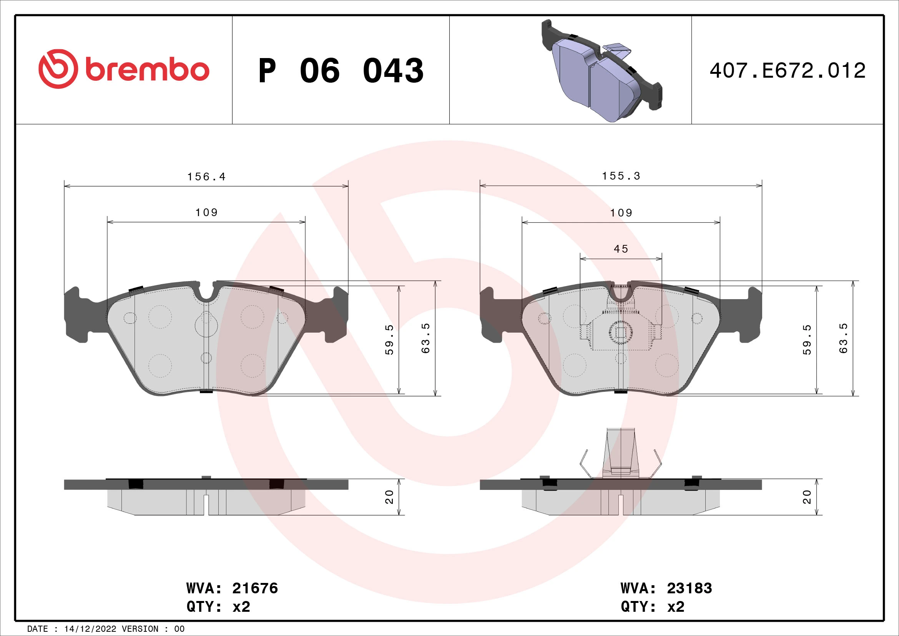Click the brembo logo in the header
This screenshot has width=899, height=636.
(124, 69)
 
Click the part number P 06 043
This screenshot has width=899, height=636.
(341, 71)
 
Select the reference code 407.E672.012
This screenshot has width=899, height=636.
(788, 71)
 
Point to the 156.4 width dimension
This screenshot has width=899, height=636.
(206, 177)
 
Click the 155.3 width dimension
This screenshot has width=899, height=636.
(621, 176)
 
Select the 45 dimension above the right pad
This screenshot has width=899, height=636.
(621, 249)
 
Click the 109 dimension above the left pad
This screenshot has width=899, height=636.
(206, 213)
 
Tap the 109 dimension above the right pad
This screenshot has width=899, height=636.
(621, 213)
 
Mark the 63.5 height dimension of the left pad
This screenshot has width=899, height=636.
(425, 338)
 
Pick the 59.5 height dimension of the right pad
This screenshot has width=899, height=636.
(807, 340)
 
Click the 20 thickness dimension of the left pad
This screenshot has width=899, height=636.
(389, 497)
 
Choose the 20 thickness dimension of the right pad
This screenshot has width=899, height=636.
(807, 497)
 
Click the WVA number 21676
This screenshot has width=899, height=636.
(255, 588)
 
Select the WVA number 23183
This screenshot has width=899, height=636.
(689, 588)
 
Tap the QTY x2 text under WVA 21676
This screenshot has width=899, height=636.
(218, 607)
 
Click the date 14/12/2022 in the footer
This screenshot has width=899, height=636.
(90, 629)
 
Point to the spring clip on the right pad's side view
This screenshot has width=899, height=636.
(621, 454)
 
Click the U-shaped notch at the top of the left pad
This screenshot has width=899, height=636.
(206, 293)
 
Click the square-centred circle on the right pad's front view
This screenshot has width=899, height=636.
(621, 333)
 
